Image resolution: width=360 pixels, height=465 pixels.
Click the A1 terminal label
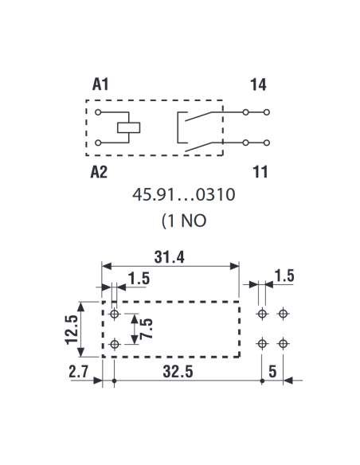coord(100,84)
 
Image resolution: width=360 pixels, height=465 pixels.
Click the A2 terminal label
coord(99,172)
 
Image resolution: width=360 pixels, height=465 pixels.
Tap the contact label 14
coord(258,84)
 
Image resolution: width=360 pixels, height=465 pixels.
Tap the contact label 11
coord(260,172)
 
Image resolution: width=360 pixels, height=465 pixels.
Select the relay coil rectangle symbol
coord(128,127)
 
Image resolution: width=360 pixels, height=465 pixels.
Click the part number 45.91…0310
coord(183,195)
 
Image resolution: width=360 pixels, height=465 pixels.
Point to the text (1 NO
coord(184,221)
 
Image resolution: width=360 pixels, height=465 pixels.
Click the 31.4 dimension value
coord(170,257)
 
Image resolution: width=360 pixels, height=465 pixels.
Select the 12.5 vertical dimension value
coord(72,330)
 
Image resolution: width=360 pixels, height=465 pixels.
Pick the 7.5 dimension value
coord(147,329)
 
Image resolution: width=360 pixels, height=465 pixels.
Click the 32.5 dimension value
coord(178,372)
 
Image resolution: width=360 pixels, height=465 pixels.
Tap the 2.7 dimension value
coord(79,372)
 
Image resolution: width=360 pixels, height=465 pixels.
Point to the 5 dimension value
coord(272,372)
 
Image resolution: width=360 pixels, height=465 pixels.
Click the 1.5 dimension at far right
coord(284,275)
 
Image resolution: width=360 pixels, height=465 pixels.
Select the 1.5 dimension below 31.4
coord(139,279)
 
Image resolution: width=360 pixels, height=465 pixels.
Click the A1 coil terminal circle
coord(98,112)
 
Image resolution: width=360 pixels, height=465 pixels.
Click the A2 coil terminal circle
coord(98,143)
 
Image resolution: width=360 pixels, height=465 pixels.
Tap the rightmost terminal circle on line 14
coord(267,112)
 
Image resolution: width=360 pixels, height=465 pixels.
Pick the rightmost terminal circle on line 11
coord(267,143)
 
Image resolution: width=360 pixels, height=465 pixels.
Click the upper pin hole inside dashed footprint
coord(115,314)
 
